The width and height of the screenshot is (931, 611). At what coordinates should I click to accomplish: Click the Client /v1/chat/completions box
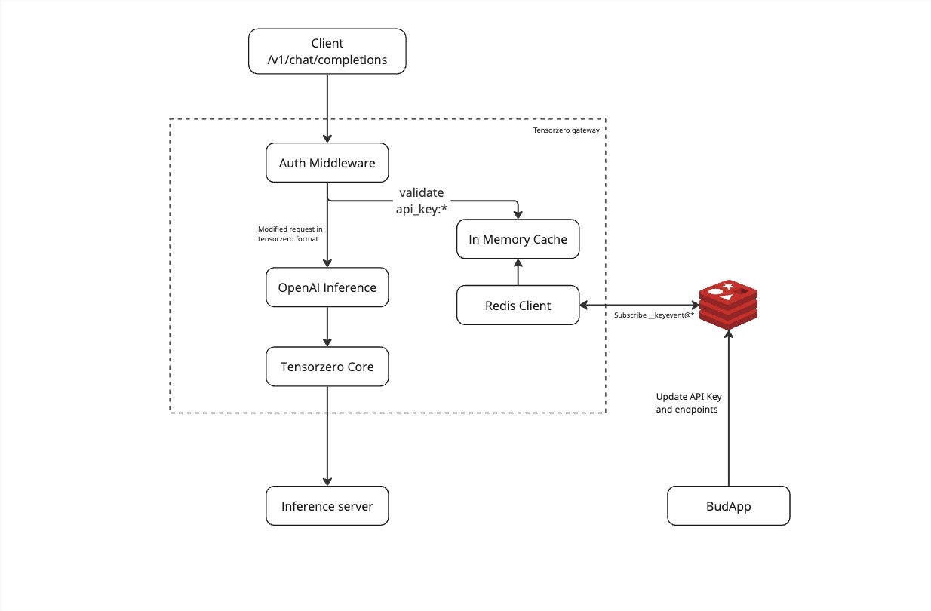click(327, 52)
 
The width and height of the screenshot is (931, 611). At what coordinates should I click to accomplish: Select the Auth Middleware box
click(327, 163)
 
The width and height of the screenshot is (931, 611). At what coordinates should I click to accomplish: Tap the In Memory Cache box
click(518, 240)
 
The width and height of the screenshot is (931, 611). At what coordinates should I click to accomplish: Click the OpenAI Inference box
click(327, 287)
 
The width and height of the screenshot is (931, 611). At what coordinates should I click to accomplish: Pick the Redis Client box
click(518, 305)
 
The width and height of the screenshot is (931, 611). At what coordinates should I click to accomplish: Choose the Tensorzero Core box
click(327, 367)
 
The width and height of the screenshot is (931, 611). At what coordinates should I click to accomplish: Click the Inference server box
click(327, 506)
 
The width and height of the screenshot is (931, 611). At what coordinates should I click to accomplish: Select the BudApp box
click(728, 506)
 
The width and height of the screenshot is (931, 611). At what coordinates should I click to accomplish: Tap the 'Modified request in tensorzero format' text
click(290, 234)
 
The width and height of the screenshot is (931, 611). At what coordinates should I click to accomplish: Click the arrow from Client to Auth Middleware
click(327, 106)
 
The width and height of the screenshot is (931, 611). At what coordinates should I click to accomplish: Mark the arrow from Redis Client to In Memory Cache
click(518, 272)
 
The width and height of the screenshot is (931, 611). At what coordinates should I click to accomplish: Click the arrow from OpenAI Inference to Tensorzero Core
click(327, 327)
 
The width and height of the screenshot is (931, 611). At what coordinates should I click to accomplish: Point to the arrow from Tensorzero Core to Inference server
click(327, 438)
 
